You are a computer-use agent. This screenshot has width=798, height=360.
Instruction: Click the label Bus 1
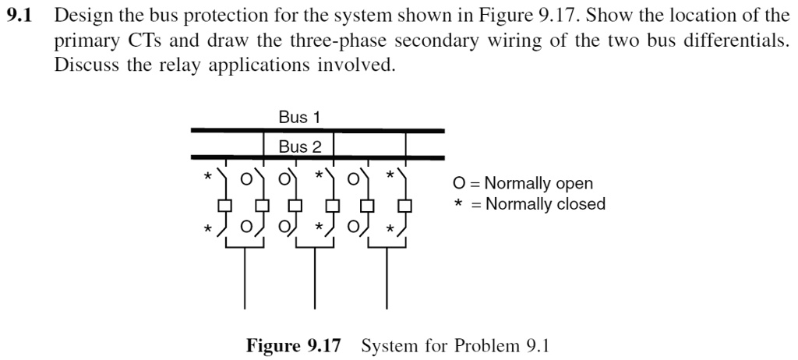(x=299, y=118)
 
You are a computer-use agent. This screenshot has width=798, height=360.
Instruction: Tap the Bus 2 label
(x=299, y=146)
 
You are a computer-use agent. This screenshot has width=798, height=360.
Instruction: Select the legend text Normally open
(x=538, y=184)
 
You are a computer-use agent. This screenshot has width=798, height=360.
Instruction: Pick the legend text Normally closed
(x=545, y=204)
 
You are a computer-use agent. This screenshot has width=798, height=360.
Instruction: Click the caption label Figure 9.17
(x=294, y=345)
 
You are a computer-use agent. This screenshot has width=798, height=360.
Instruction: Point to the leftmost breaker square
(x=225, y=206)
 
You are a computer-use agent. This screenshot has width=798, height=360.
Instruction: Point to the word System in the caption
(x=387, y=345)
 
